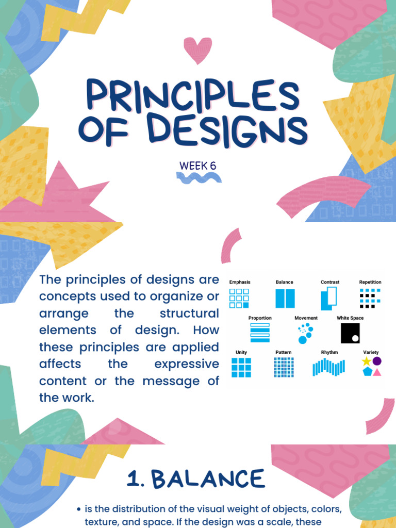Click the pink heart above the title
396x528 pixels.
tap(197, 49)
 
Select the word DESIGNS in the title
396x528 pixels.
tap(227, 129)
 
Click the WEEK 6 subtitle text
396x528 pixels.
tap(197, 166)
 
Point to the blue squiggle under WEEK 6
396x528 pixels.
tap(199, 178)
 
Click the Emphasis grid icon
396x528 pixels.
tap(239, 298)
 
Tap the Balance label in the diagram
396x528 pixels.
tap(284, 282)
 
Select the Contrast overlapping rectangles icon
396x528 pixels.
tap(328, 299)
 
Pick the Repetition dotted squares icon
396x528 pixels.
tap(370, 298)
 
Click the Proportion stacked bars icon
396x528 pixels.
tap(260, 333)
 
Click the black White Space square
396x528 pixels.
tap(350, 333)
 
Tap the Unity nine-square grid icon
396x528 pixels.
tap(241, 368)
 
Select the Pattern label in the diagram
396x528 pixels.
tap(284, 352)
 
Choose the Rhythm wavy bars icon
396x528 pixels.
tap(328, 367)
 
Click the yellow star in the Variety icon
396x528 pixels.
tap(366, 361)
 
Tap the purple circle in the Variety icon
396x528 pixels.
tap(377, 361)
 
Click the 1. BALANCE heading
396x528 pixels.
tap(195, 479)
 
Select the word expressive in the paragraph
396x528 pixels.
tap(186, 364)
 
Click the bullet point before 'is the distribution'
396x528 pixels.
tap(78, 509)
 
